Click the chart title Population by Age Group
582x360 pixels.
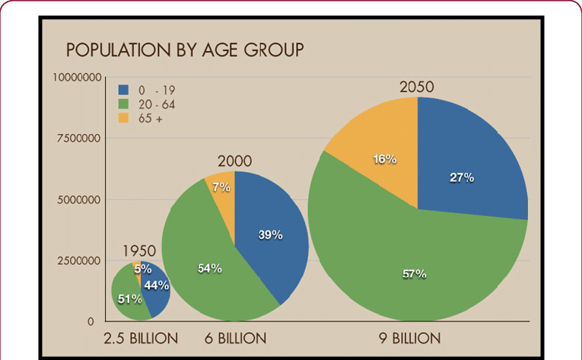pos(185,49)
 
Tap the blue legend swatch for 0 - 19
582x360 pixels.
pos(123,90)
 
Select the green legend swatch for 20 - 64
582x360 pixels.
pos(123,104)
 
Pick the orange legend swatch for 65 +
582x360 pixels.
pos(123,118)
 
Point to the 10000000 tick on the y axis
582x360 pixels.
pos(77,78)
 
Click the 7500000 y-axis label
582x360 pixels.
pos(78,139)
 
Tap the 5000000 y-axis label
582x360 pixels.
pos(78,200)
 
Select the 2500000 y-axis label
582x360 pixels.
pos(78,261)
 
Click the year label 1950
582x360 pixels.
pos(139,251)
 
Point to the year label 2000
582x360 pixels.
pos(234,161)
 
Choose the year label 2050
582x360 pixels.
pos(417,87)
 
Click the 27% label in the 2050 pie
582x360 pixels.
pos(462,177)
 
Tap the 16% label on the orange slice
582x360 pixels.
pos(384,159)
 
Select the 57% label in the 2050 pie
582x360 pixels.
pos(414,274)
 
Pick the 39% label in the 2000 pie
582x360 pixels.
pos(270,234)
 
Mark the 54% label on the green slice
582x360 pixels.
pos(210,268)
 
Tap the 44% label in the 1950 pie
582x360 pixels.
pos(157,285)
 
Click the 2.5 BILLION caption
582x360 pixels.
pos(141,339)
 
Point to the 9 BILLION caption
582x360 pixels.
pos(410,339)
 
